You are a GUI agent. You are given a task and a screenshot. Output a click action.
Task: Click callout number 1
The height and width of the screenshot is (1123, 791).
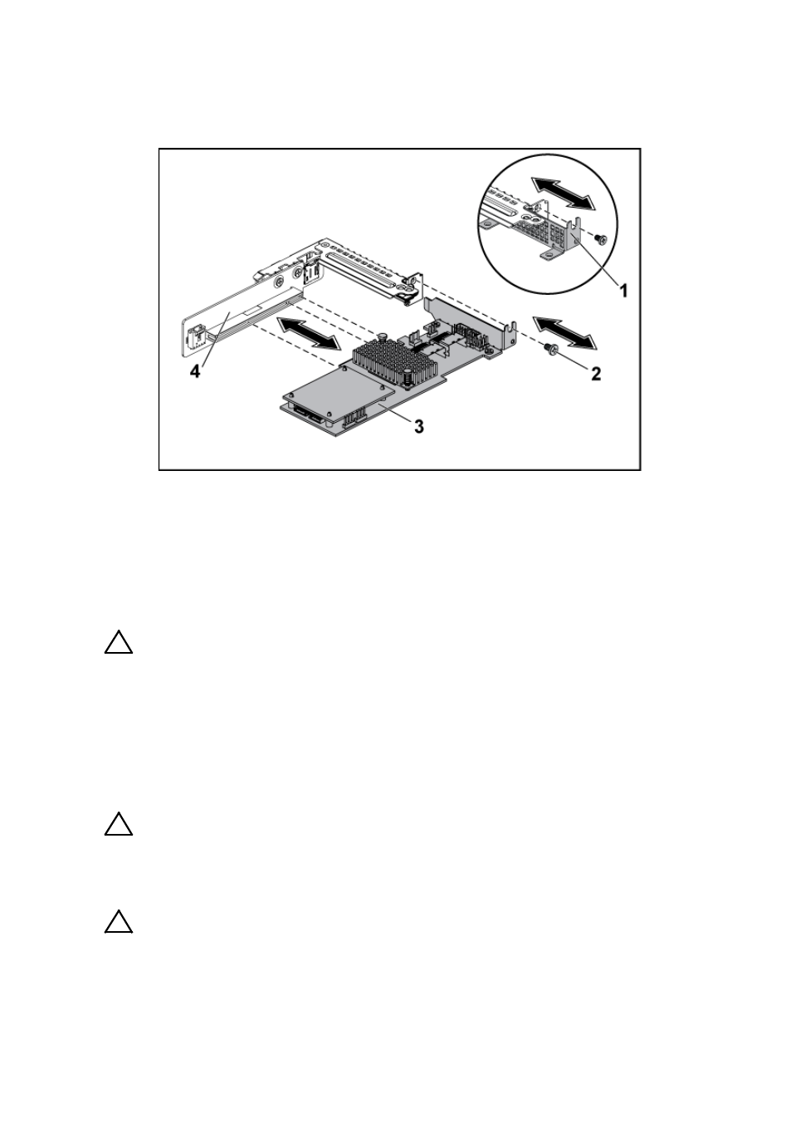click(623, 290)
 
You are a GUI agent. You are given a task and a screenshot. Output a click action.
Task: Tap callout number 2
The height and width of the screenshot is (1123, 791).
click(596, 373)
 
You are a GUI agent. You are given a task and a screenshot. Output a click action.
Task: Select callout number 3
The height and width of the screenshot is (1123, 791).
click(418, 426)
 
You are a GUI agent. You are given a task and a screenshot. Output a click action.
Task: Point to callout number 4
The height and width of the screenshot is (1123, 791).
click(194, 371)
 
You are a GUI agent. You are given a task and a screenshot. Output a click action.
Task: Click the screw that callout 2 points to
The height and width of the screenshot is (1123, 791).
click(550, 347)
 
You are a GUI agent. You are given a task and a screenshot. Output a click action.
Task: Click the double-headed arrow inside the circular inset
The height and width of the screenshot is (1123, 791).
click(563, 194)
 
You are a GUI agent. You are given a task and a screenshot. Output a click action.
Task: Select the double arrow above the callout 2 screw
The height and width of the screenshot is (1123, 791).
click(564, 332)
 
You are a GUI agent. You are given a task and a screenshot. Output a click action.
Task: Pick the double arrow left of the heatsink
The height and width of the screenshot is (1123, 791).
click(307, 332)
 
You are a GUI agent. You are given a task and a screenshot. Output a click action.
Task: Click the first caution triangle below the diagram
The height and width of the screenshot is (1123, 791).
click(119, 643)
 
